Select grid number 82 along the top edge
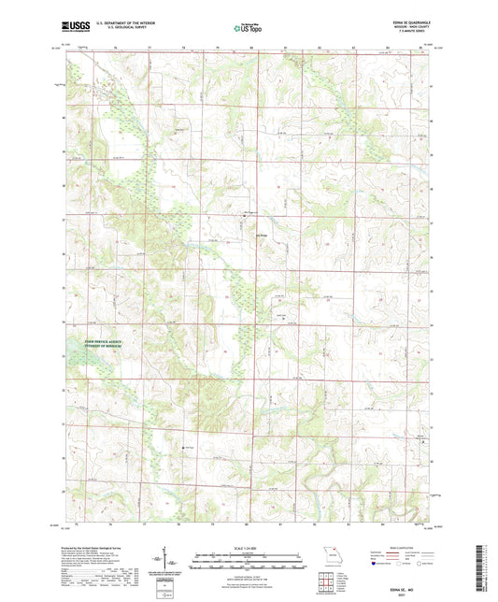(x=320, y=46)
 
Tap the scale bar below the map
(x=248, y=564)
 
